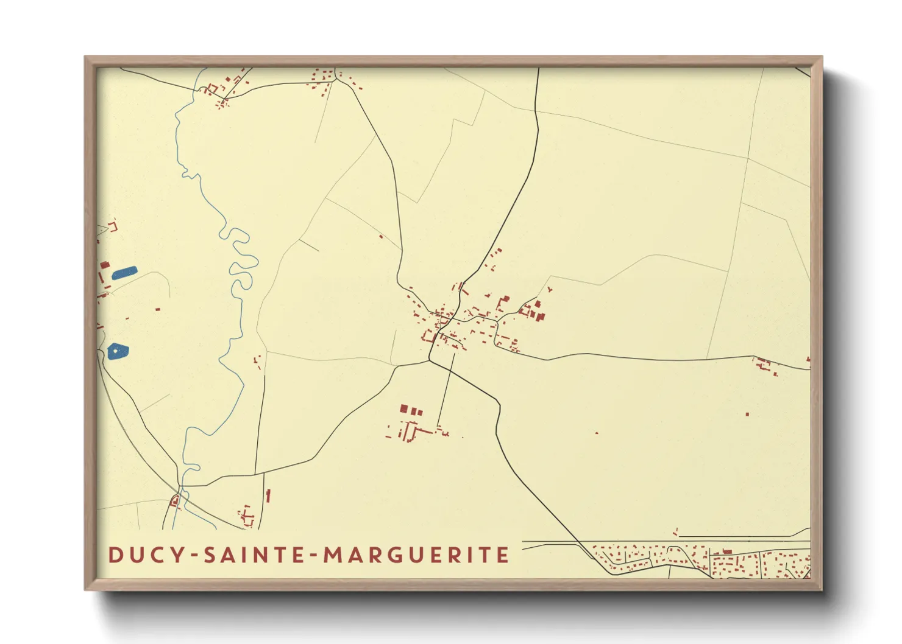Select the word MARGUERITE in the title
[x=416, y=555]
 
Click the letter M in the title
[x=333, y=555]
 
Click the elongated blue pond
[x=124, y=272]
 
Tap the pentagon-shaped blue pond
[x=118, y=351]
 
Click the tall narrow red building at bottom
[x=268, y=496]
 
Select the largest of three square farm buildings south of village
[x=403, y=409]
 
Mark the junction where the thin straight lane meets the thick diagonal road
[x=453, y=353]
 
